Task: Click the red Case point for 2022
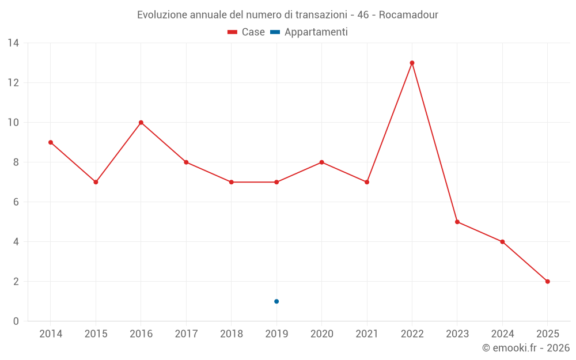coord(412,63)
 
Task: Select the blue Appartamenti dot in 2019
coord(276,301)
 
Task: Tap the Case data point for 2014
coord(51,142)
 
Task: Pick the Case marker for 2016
coord(141,123)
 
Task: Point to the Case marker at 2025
coord(547,282)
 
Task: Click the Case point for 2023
coord(457,222)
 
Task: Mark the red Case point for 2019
coord(276,182)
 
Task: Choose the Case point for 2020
coord(321,162)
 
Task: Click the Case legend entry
coord(247,32)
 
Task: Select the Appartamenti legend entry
coord(309,32)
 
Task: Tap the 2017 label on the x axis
coord(186,334)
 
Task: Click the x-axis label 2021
coord(367,334)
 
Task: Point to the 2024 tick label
coord(502,334)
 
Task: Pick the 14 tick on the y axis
coord(13,43)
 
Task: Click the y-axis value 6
coord(16,202)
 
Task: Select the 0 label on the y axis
coord(16,321)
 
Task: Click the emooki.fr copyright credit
coord(525,348)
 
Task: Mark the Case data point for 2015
coord(96,182)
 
